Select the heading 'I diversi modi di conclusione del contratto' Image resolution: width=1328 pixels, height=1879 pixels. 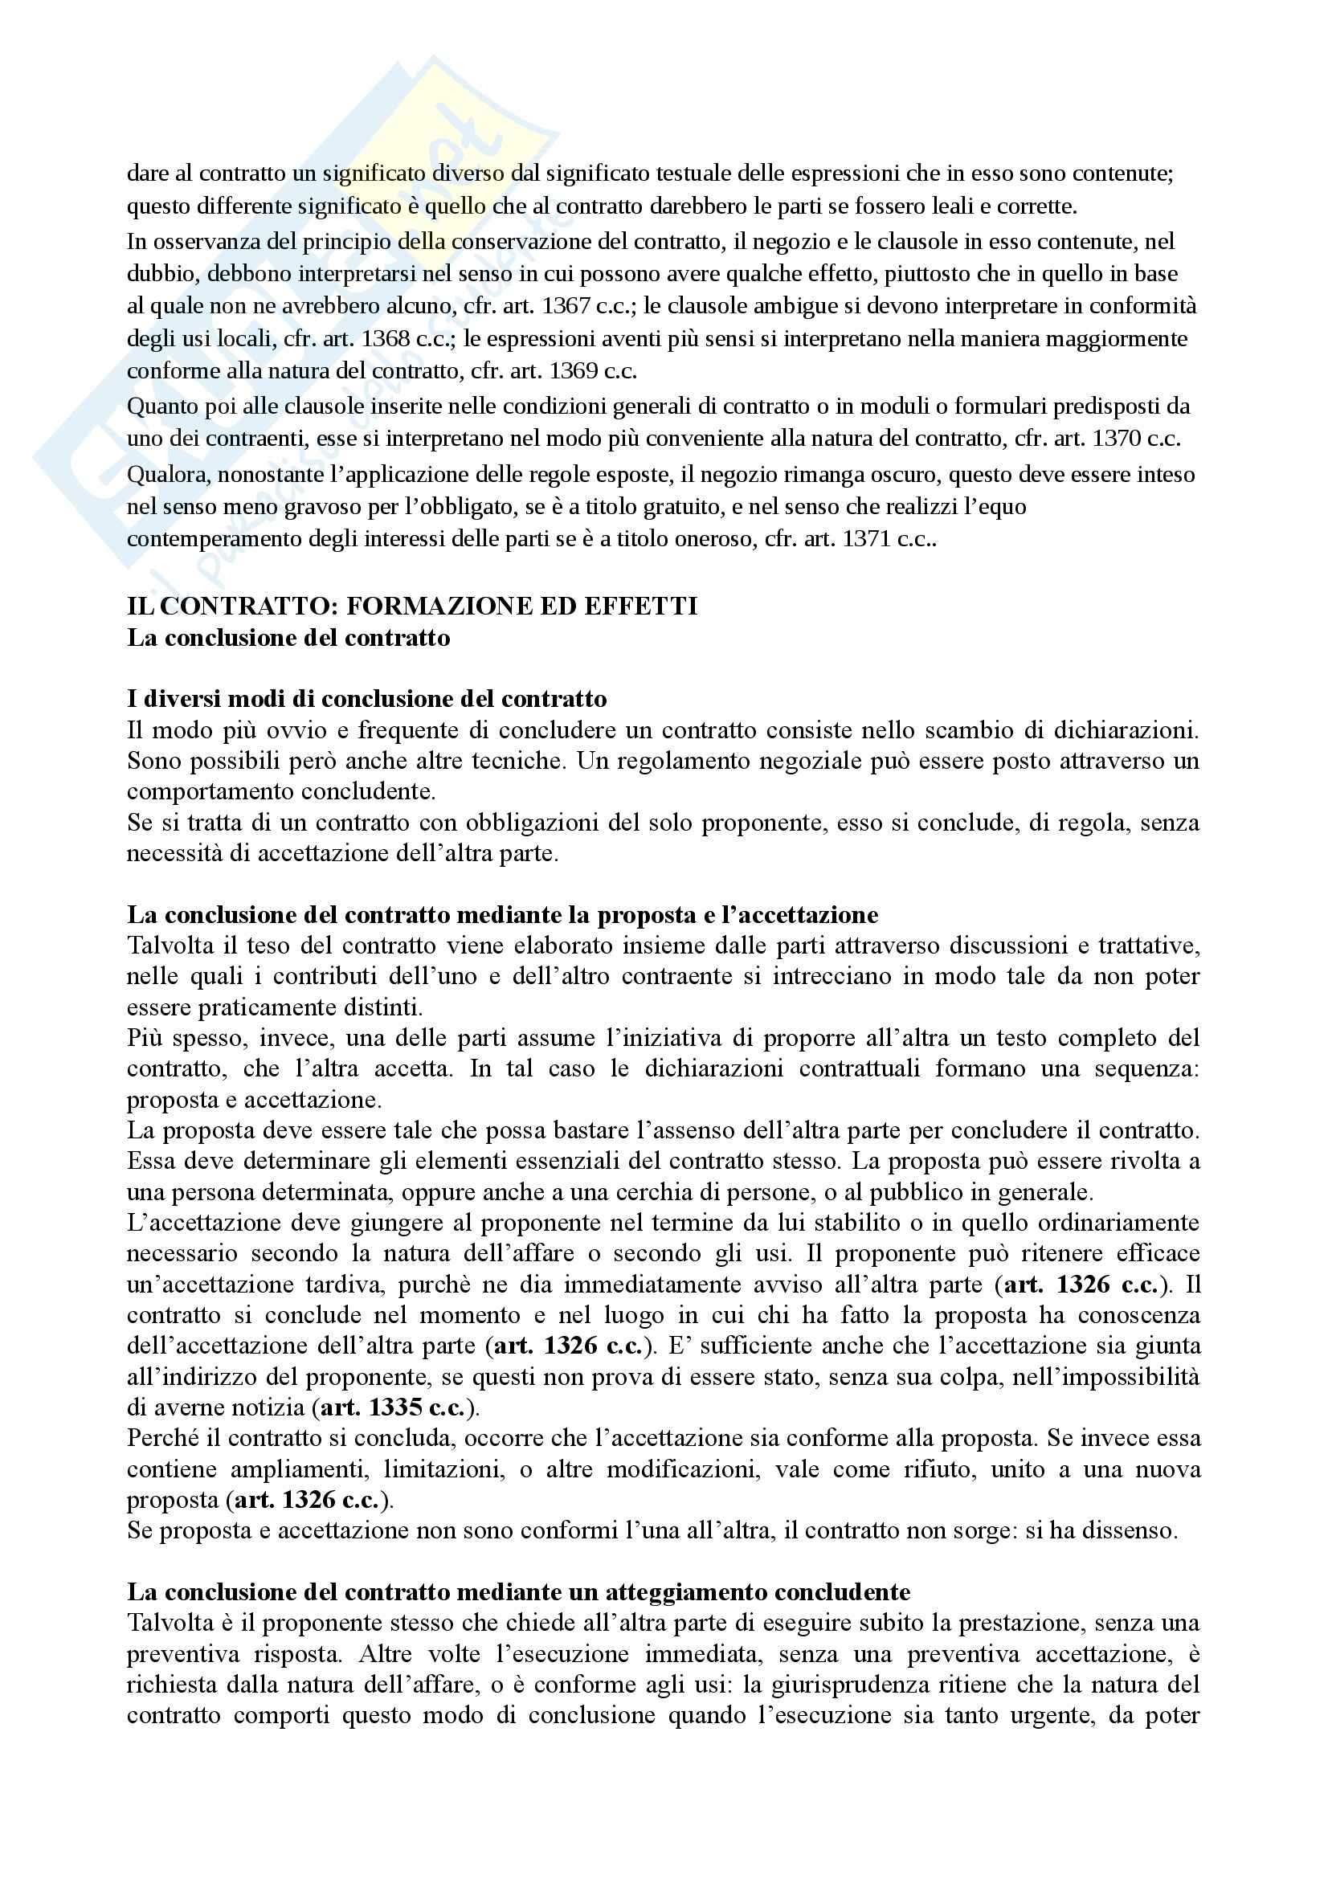point(366,698)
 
